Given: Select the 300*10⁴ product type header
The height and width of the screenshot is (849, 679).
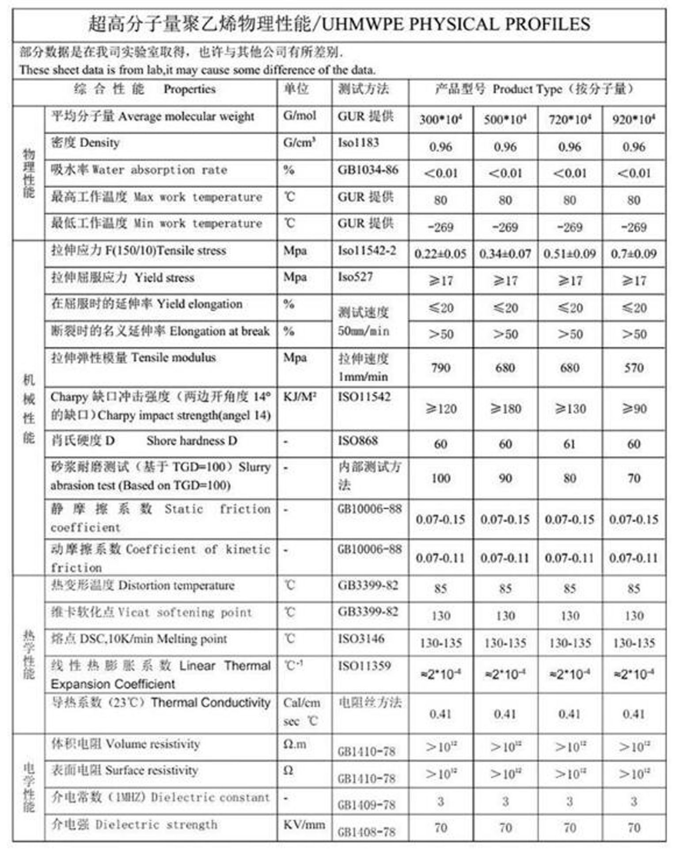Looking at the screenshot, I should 440,119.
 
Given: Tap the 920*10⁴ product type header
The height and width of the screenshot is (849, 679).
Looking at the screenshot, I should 633,119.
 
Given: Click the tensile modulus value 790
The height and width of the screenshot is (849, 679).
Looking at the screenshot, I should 440,367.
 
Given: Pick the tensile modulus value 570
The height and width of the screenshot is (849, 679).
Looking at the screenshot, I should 633,367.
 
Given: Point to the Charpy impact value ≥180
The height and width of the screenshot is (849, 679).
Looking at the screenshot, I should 505,409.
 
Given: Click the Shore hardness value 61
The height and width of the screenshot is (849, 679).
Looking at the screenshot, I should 569,444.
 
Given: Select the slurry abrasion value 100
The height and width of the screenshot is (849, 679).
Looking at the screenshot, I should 440,478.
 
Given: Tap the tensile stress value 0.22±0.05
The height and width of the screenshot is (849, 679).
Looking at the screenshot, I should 440,254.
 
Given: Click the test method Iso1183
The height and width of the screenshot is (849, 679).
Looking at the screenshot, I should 358,143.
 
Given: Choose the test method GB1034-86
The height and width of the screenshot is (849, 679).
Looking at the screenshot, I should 368,170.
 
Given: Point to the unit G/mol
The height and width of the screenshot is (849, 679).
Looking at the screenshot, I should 300,116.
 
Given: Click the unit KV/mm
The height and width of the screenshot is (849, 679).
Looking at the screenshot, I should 304,824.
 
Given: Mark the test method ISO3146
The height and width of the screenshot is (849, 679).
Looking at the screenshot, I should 361,639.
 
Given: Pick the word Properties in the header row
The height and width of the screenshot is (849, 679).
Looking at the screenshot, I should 190,89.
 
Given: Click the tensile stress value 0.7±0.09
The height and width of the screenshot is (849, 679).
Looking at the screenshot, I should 633,254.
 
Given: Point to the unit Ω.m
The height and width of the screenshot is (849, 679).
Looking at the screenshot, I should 295,744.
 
